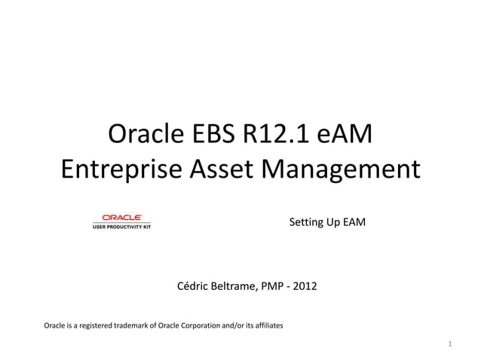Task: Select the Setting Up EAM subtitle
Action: [x=327, y=223]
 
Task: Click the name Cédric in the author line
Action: [x=192, y=286]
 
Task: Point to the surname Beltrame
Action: [x=234, y=286]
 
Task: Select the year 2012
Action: [x=305, y=286]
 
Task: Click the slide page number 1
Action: [x=449, y=344]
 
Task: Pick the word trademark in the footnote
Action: [x=131, y=325]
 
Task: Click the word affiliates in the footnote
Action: [x=267, y=325]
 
